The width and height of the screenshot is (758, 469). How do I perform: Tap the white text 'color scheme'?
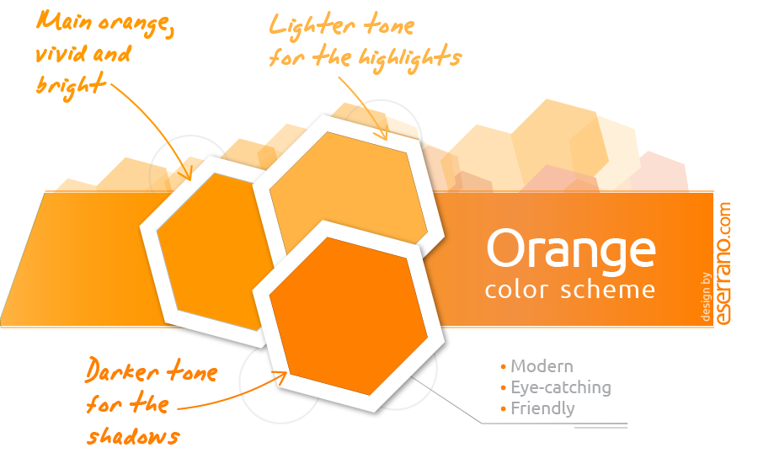[570, 290]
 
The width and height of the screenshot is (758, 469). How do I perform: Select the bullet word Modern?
[542, 366]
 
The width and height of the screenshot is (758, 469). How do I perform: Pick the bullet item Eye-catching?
[561, 388]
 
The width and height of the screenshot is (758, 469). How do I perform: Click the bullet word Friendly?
[543, 408]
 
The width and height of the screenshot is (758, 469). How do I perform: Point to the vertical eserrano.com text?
[723, 264]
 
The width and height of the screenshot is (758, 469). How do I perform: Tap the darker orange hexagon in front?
[348, 317]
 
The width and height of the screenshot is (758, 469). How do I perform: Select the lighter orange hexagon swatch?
[348, 191]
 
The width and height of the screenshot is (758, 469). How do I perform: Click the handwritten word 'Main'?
[64, 21]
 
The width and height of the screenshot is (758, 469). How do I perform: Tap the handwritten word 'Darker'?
[122, 370]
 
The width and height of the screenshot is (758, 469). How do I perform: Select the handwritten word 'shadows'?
[133, 436]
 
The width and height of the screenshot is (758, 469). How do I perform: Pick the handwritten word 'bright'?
[71, 86]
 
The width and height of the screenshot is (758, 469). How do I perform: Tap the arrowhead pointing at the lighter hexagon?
[381, 132]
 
